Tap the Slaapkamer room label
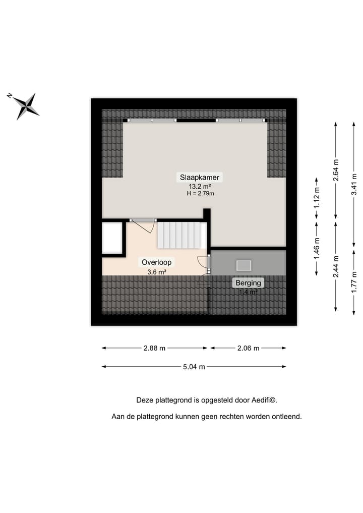200,178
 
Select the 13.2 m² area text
200,186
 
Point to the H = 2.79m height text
200,193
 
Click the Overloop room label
157,262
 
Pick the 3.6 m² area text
157,272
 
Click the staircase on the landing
181,236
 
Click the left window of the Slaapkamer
152,121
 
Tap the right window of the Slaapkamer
240,121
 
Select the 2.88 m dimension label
154,348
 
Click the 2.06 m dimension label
248,348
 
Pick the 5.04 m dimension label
194,367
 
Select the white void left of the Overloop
112,238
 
